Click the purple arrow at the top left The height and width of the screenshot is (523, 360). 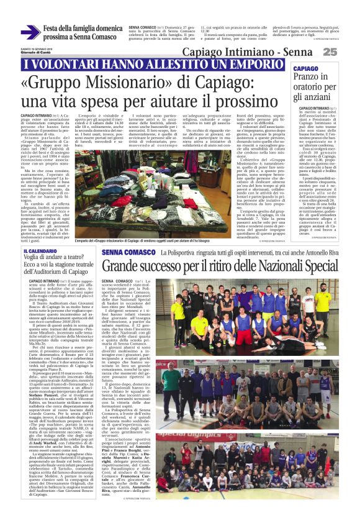pos(30,32)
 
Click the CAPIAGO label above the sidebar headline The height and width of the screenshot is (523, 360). pos(306,68)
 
